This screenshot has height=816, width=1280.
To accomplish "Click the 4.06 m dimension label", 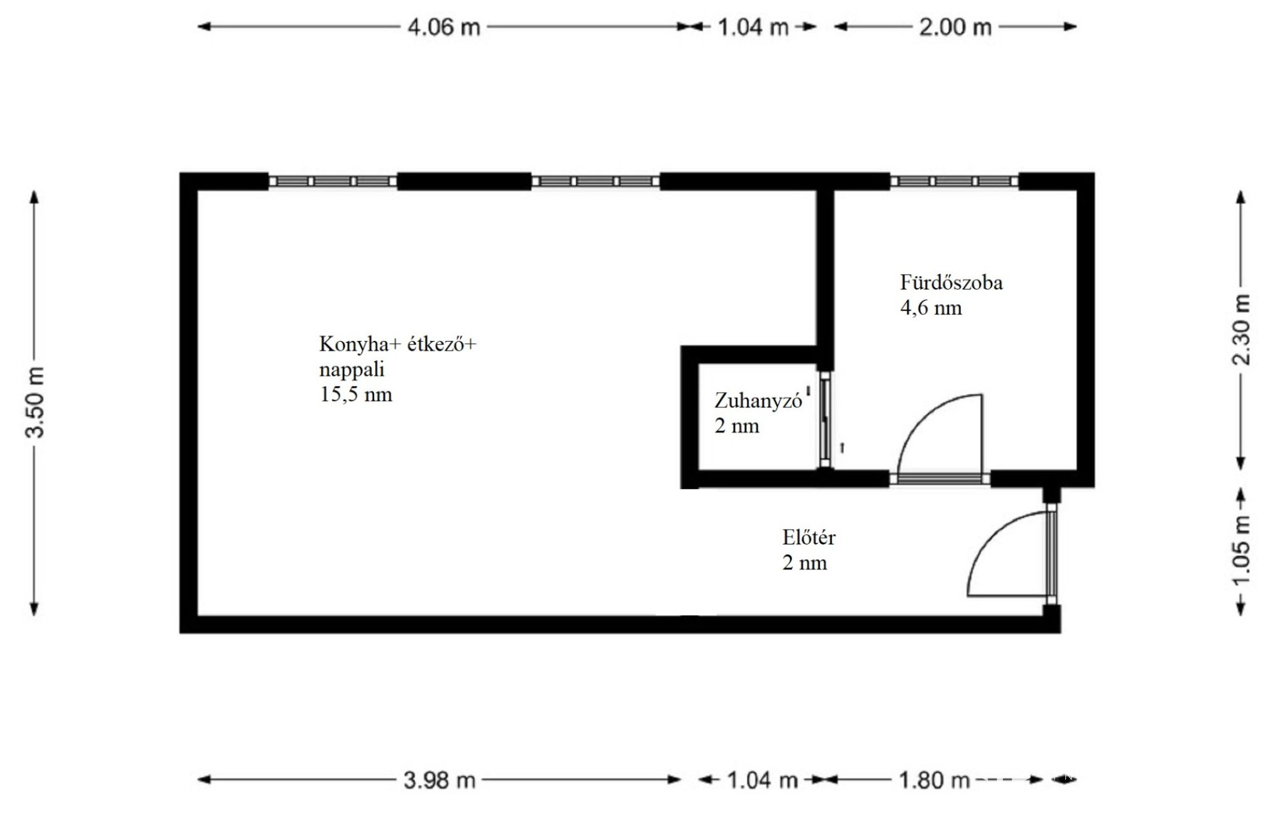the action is pos(443,27).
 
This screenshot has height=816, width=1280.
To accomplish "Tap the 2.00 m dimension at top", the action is pos(955,27).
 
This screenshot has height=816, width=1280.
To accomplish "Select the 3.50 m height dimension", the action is pos(35,402).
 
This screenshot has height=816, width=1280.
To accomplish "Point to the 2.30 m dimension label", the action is pos(1241,330).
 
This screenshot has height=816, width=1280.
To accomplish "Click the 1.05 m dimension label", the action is pos(1241,551).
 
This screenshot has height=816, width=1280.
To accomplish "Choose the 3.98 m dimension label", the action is pos(440,780).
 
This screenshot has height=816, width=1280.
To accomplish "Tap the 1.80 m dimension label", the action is pos(934,780).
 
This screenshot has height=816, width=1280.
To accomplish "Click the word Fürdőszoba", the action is pos(951,282).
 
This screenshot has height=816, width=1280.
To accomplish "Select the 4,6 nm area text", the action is pos(931,308).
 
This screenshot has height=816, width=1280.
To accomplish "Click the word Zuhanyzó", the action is pos(758,400).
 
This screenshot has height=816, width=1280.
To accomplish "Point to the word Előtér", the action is pos(809,537).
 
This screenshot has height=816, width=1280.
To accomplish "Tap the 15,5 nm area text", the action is pos(356,394).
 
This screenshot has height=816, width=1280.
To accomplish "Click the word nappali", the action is pos(352,370).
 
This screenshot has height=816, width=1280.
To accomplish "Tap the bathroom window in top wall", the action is pos(954,182).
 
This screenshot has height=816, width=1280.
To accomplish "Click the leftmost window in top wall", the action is pos(333,182).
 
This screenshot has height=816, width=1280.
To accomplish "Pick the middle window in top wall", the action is pos(596,182).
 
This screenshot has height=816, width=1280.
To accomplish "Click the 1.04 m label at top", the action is pos(753,27).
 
